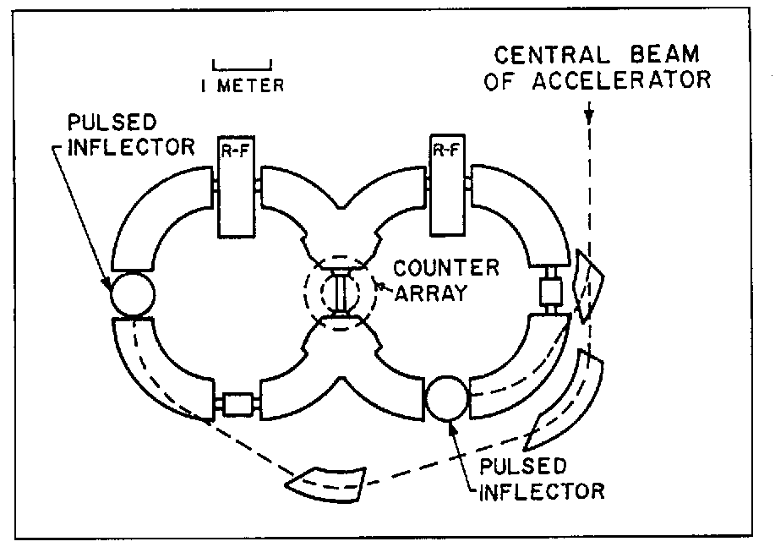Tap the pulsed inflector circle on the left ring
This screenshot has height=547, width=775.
pos(131,293)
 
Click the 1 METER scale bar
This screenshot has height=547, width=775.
pos(243,63)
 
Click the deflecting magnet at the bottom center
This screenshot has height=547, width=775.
pos(326,479)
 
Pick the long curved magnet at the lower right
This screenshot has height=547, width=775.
pos(567,397)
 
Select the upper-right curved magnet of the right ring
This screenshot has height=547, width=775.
pos(521,207)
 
